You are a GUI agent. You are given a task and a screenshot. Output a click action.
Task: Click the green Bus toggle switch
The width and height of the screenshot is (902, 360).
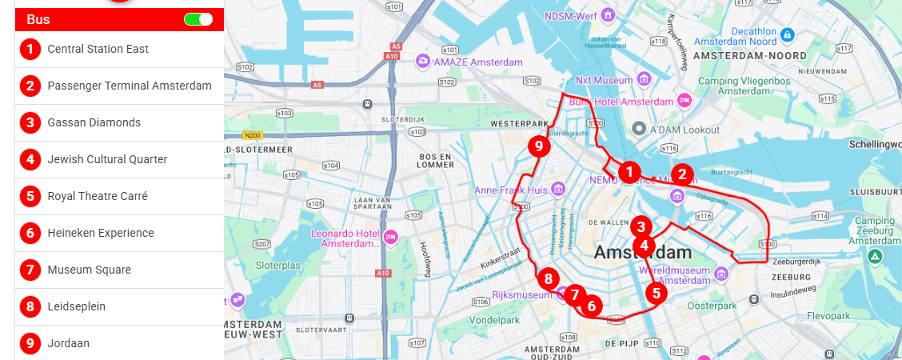click(198, 19)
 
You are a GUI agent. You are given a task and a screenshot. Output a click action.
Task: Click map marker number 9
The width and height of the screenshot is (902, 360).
click(539, 146)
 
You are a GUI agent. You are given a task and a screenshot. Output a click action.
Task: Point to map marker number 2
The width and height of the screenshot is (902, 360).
click(681, 174)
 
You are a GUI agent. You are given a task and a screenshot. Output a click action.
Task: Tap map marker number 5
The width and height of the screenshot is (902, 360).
click(657, 293)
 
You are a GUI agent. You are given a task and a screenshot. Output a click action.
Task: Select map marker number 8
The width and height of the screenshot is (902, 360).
click(548, 279)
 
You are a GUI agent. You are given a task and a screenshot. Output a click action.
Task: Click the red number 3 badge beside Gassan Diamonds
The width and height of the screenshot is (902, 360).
click(30, 122)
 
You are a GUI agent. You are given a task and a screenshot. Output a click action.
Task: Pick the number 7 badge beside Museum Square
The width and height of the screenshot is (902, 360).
click(30, 270)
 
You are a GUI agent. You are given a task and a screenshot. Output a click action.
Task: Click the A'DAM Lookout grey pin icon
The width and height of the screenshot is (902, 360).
click(639, 129)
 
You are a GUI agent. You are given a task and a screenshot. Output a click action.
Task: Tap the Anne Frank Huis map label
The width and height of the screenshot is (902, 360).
click(510, 190)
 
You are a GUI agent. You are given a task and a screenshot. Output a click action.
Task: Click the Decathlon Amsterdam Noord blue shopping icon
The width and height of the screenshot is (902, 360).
click(788, 34)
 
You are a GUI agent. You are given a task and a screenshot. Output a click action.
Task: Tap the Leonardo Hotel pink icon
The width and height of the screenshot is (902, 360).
click(391, 237)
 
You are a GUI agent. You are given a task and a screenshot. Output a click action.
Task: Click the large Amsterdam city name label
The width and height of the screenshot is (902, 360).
click(642, 253)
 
